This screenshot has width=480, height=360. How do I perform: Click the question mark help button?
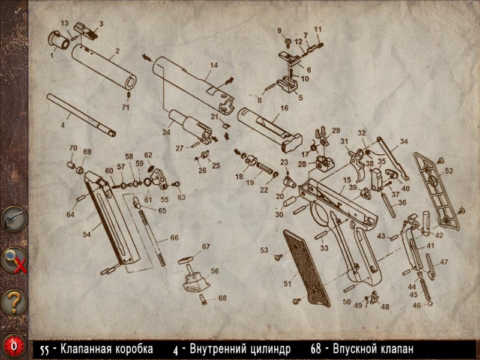[x=14, y=302]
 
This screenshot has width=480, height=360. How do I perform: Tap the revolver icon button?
[x=14, y=218]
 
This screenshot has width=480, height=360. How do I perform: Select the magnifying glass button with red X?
[x=14, y=260]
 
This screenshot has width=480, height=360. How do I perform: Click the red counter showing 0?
[x=13, y=346]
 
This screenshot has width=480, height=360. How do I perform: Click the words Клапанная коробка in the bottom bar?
[x=107, y=349]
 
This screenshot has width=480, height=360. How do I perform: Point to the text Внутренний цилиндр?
[x=239, y=349]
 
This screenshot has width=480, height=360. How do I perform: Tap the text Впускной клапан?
[x=373, y=349]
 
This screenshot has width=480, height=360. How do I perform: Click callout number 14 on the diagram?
[x=214, y=65]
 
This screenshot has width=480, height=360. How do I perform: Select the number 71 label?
[x=125, y=107]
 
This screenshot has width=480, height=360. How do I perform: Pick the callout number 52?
[x=449, y=171]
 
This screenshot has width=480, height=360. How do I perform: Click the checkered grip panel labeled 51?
[x=307, y=268]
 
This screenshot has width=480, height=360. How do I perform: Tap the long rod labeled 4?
[x=81, y=115]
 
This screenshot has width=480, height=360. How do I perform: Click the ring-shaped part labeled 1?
[x=59, y=40]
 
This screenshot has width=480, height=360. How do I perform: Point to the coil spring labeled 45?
[x=425, y=290]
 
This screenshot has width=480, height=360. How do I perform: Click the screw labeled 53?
[x=278, y=257]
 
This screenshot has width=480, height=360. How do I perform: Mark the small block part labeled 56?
[x=196, y=282]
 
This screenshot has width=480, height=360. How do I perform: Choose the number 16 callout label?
[x=284, y=108]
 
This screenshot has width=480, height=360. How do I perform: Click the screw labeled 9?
[x=288, y=42]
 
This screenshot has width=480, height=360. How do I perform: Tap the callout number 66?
[x=174, y=238]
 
